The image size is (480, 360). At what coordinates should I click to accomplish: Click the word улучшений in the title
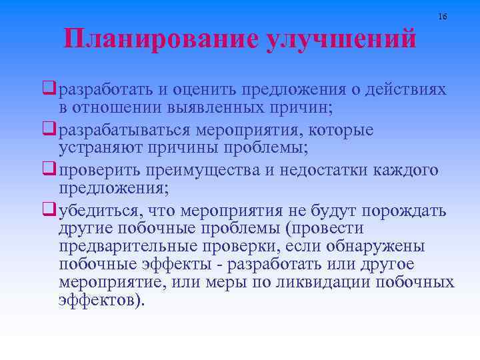[341, 39]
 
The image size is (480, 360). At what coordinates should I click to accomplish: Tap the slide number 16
[443, 15]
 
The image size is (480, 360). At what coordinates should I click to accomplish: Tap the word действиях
[407, 89]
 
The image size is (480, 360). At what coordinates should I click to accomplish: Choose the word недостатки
[331, 170]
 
